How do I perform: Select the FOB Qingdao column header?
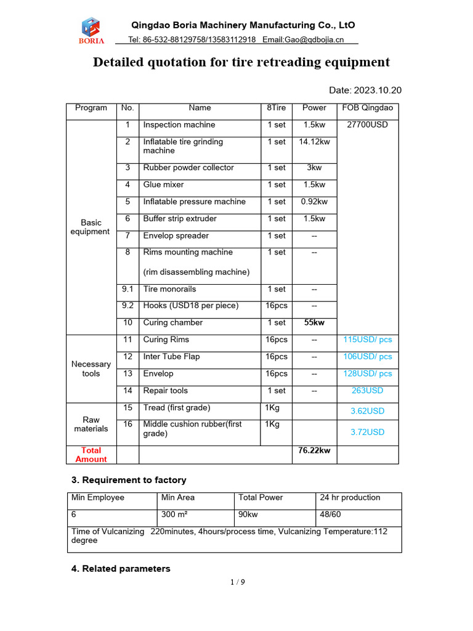[x=367, y=108]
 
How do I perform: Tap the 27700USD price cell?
[x=367, y=125]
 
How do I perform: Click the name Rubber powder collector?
[x=188, y=168]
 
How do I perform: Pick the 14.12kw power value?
[x=314, y=142]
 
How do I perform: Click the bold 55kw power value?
[x=314, y=323]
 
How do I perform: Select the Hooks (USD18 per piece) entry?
[x=190, y=306]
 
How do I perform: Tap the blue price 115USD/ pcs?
[x=368, y=340]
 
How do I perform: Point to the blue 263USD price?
[x=368, y=391]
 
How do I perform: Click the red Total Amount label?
[x=91, y=455]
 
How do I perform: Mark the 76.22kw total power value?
[x=314, y=450]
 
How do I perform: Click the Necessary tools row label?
[x=91, y=368]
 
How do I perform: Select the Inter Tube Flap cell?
[x=171, y=357]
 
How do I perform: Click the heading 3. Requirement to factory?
[x=129, y=480]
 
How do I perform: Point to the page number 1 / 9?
[x=236, y=582]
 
